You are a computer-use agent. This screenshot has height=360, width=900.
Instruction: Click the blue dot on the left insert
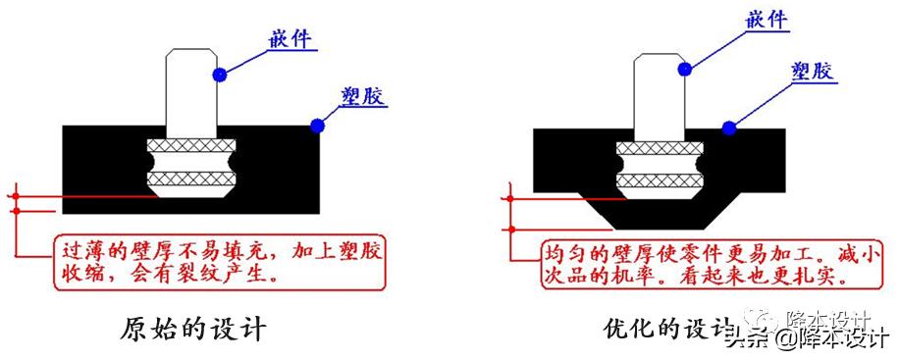(222, 73)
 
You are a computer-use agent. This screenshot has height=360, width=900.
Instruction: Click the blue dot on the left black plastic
(317, 126)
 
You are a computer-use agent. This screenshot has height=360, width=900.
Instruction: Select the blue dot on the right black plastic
(728, 126)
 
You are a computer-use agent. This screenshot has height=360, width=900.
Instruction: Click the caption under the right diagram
(667, 326)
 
